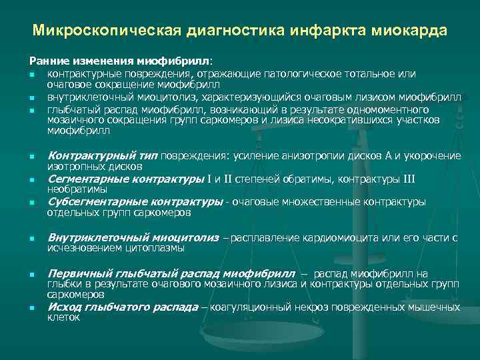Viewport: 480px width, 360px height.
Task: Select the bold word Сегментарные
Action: click(x=83, y=179)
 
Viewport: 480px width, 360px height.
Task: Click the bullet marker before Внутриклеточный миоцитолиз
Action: click(x=31, y=239)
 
